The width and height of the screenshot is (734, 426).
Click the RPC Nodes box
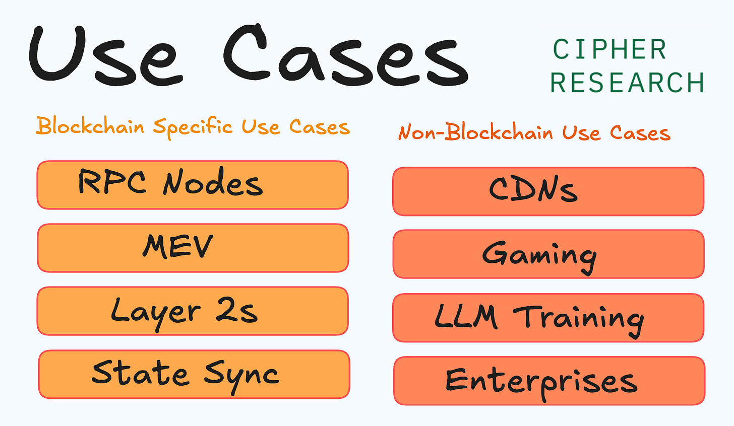(193, 185)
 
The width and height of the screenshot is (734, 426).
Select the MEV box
(193, 248)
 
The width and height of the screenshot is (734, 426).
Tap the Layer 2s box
(193, 311)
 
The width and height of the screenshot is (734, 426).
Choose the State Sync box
(194, 374)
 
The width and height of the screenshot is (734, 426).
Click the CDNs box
(548, 191)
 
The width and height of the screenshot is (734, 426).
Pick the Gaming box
(548, 254)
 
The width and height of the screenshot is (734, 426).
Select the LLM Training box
(548, 318)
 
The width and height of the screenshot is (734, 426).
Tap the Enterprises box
(549, 381)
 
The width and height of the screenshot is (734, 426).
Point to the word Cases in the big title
(346, 55)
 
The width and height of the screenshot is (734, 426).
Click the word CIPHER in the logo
(609, 49)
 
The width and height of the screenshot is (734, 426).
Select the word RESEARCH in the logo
(627, 83)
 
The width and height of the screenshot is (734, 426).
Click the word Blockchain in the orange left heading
(90, 126)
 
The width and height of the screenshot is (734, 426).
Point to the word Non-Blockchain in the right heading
(475, 132)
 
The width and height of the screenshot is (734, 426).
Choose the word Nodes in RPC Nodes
(213, 183)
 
